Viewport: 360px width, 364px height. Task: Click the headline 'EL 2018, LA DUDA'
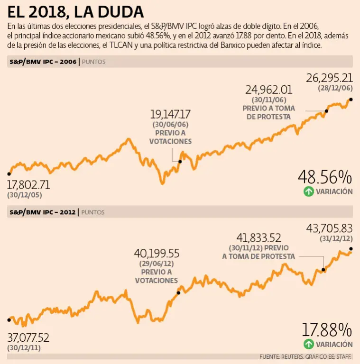pyautogui.click(x=76, y=11)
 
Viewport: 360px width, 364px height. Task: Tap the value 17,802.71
pyautogui.click(x=28, y=184)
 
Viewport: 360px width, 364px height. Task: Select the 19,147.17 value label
pyautogui.click(x=170, y=114)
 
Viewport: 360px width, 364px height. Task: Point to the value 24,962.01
pyautogui.click(x=268, y=90)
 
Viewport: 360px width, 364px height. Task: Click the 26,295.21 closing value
pyautogui.click(x=329, y=77)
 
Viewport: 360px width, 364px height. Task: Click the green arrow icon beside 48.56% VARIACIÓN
pyautogui.click(x=309, y=191)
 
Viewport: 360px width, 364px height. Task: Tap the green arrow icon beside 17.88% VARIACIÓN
pyautogui.click(x=309, y=344)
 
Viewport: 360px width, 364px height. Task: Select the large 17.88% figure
pyautogui.click(x=327, y=330)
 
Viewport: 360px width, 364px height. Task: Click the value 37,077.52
pyautogui.click(x=28, y=338)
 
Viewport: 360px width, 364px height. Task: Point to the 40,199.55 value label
pyautogui.click(x=157, y=254)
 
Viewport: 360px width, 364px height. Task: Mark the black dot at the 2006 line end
pyautogui.click(x=351, y=100)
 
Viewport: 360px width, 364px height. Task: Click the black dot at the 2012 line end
pyautogui.click(x=351, y=249)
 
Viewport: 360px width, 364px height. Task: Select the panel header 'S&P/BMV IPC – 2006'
pyautogui.click(x=43, y=62)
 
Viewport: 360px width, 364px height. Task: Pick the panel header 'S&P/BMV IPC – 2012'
pyautogui.click(x=43, y=212)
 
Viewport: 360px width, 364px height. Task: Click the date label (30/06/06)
pyautogui.click(x=170, y=124)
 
